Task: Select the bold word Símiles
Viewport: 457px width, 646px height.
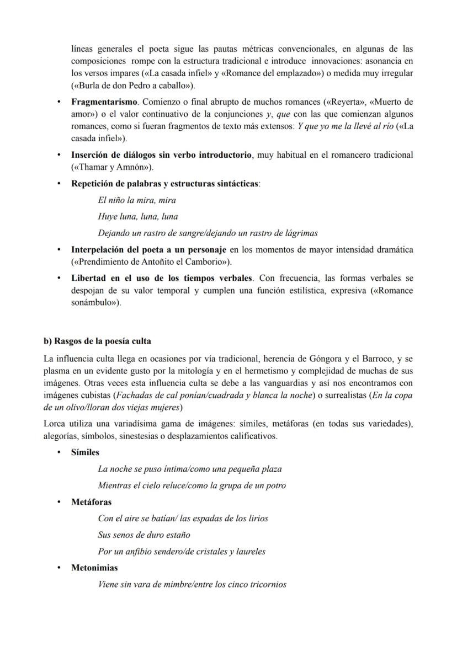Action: click(x=85, y=452)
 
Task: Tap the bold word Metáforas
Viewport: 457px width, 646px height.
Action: click(x=91, y=502)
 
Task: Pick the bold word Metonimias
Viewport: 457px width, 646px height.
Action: click(x=94, y=568)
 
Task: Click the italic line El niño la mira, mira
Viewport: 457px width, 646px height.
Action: click(x=136, y=200)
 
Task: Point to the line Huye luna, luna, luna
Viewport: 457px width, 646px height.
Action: click(x=137, y=217)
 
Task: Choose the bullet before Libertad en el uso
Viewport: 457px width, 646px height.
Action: click(x=59, y=278)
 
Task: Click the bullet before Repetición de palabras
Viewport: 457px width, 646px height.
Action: click(x=59, y=184)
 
